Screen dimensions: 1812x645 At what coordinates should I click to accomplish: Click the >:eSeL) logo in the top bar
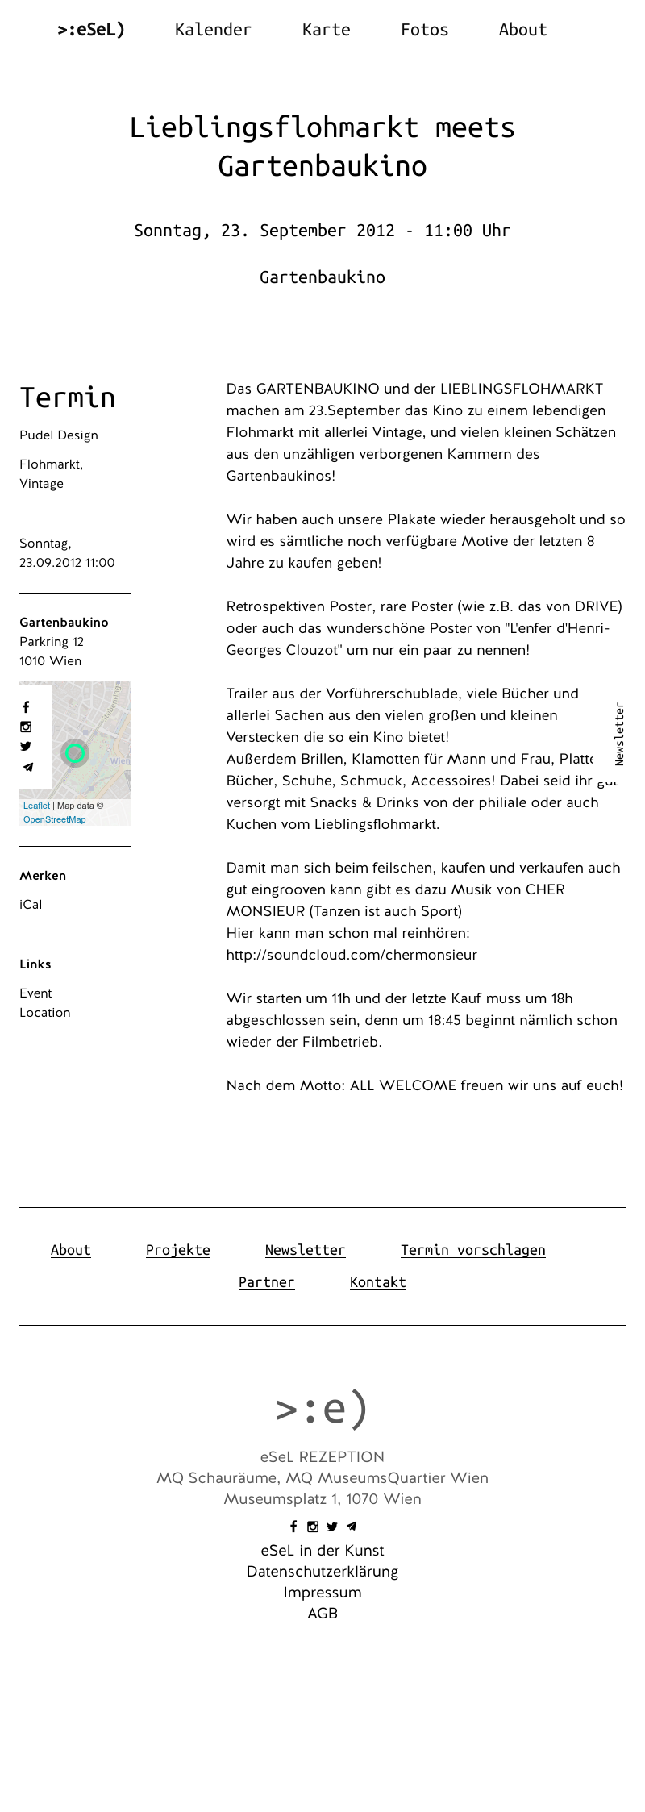[91, 30]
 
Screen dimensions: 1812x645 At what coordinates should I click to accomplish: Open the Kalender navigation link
[213, 30]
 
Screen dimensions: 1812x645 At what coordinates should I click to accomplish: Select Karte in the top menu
[326, 30]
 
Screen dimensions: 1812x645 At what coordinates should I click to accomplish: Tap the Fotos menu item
[424, 30]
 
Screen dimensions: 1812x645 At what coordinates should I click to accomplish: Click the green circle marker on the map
[75, 753]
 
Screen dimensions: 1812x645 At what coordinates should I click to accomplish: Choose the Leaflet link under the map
[36, 806]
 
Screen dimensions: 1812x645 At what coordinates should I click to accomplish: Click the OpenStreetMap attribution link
[54, 819]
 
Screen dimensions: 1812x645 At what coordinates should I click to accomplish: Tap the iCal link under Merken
[31, 905]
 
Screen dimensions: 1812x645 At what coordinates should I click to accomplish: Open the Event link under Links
[35, 993]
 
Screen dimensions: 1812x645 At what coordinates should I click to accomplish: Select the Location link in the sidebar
[45, 1013]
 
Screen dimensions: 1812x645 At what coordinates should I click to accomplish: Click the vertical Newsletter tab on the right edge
[619, 734]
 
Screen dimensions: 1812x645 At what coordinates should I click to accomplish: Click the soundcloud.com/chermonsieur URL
[352, 955]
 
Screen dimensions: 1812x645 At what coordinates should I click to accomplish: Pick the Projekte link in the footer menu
[177, 1250]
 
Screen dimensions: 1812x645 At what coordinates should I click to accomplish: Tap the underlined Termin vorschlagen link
[472, 1250]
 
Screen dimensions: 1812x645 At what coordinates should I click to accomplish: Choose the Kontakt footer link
[377, 1282]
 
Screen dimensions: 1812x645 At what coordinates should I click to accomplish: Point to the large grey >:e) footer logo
[322, 1408]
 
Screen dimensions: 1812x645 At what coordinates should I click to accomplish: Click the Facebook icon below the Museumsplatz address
[293, 1527]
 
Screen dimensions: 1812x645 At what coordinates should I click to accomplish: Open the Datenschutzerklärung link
[322, 1572]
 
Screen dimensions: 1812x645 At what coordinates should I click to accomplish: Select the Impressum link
[322, 1593]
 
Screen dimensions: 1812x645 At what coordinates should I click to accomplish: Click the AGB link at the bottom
[322, 1614]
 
